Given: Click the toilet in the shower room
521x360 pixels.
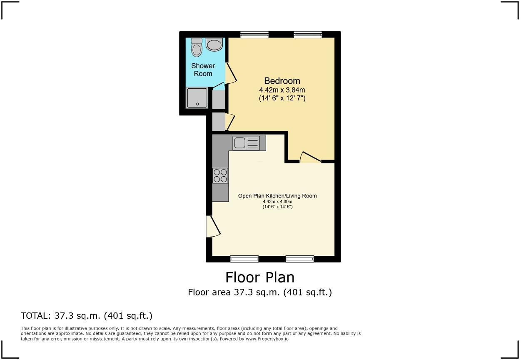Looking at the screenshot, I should [197, 47].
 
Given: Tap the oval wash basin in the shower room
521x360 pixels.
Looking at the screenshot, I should [214, 45].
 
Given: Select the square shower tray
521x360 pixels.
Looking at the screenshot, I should [197, 98].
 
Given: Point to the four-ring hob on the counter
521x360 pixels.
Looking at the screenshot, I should [220, 175].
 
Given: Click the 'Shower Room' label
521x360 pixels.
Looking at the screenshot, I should [203, 70].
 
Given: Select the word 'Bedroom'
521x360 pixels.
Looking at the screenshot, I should [282, 81].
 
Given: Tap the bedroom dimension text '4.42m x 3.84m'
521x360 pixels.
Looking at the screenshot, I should [282, 90].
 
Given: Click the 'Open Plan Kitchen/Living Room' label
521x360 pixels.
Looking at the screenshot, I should [277, 196].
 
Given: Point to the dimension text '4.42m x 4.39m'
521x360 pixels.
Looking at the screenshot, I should [277, 202].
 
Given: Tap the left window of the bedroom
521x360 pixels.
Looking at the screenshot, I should [254, 35].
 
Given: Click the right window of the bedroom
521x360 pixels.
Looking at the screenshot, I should [307, 35].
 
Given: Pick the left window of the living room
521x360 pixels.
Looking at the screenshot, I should [244, 259].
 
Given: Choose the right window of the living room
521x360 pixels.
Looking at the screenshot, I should [299, 259].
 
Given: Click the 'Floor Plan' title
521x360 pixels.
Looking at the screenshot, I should [260, 277].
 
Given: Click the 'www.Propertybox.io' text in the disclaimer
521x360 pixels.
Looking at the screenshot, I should [267, 339].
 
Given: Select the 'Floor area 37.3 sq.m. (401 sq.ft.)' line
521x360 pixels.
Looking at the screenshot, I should [260, 292].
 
